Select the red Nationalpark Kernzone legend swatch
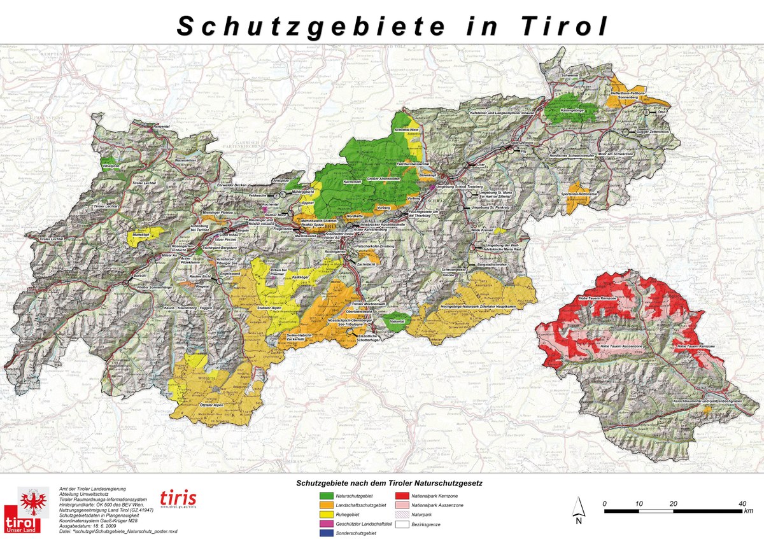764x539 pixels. point(401,494)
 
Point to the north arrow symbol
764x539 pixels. point(579,507)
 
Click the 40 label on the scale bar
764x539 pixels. point(742,503)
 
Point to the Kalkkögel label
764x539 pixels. point(300,277)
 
